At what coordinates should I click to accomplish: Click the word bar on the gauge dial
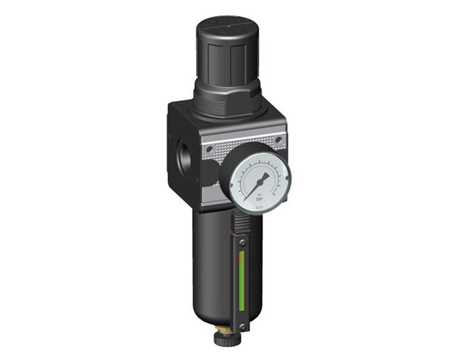tap(259, 198)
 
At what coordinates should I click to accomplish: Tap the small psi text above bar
tap(259, 193)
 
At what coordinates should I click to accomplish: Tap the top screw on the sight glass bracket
tap(243, 243)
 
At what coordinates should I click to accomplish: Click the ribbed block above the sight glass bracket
tap(241, 222)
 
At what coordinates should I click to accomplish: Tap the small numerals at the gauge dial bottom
tap(259, 207)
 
